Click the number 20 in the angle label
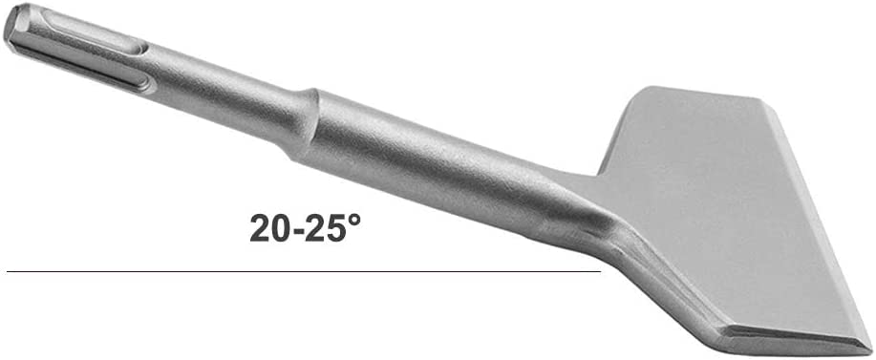point(269,227)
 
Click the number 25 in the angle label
point(325,227)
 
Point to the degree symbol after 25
point(353,219)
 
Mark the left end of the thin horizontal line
point(8,272)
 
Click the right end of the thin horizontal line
point(600,272)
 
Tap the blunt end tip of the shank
point(12,26)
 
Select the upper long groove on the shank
point(94,33)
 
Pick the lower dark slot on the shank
point(84,71)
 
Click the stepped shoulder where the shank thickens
point(305,124)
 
